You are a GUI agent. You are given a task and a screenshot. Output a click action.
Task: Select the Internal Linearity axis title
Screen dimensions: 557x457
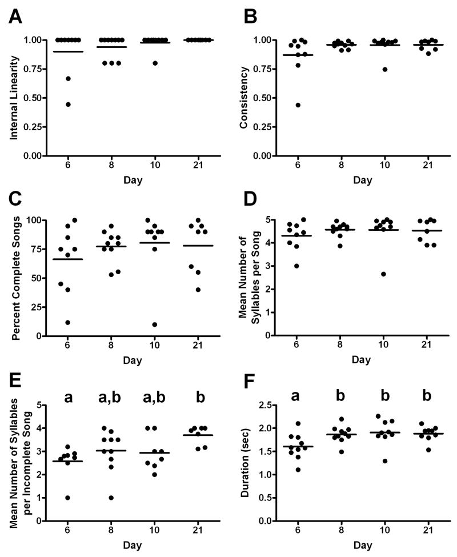(x=13, y=97)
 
